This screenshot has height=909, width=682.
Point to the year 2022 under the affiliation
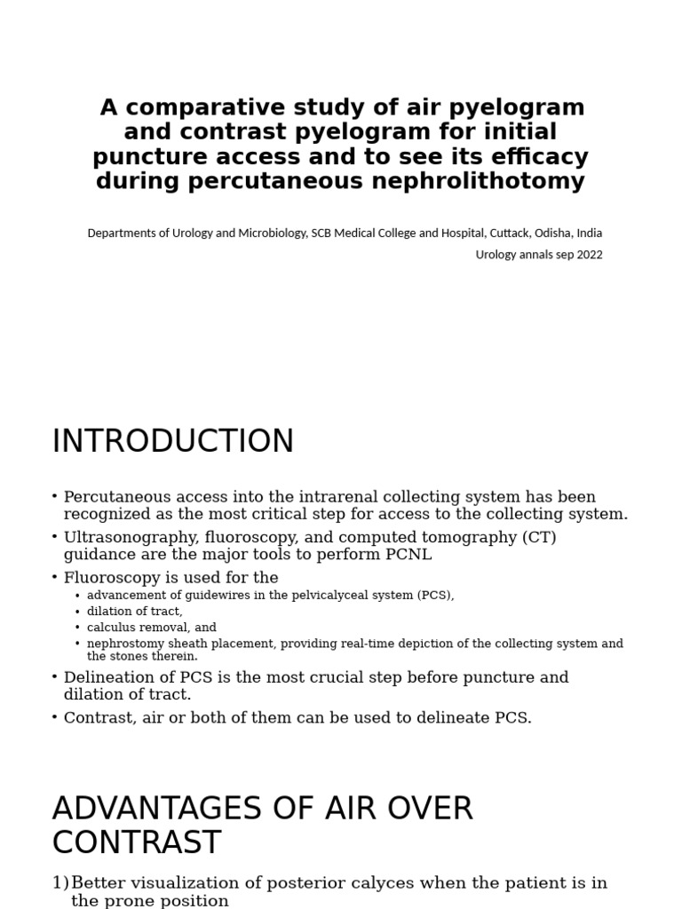(x=587, y=255)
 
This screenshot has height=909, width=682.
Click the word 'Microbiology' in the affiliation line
(x=266, y=233)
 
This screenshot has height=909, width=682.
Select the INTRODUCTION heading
(x=173, y=441)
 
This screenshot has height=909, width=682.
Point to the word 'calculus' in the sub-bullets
(x=109, y=627)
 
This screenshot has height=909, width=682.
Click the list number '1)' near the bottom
(x=60, y=883)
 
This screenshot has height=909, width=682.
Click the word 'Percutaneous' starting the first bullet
(x=115, y=496)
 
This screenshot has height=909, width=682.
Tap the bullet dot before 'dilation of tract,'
(x=78, y=612)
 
